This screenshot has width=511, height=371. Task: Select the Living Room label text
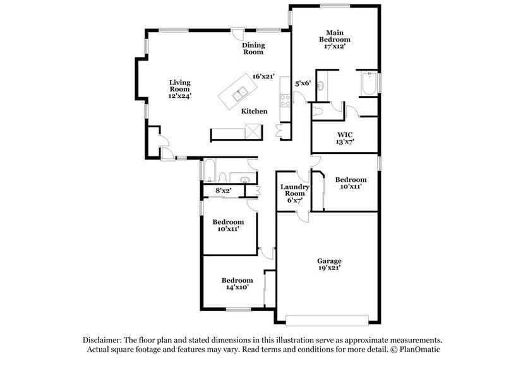click(179, 86)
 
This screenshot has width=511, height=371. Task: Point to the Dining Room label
click(254, 49)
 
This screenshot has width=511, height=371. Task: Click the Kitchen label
click(255, 112)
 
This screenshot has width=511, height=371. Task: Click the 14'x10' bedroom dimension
click(237, 288)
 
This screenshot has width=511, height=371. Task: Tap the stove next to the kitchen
click(284, 100)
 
